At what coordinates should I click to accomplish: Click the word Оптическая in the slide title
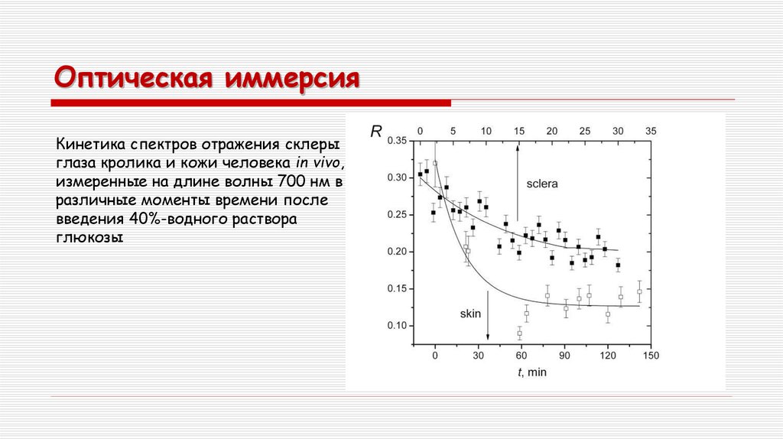131,79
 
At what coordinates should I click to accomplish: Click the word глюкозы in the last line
88,237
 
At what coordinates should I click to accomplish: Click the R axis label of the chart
375,132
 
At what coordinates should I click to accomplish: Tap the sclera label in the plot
541,184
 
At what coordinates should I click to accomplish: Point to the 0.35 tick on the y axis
398,141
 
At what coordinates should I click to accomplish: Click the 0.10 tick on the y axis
398,326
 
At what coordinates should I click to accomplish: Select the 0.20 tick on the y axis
398,252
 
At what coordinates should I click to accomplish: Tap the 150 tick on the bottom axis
651,355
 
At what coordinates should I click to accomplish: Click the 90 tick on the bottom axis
564,355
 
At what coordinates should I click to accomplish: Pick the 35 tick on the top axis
651,131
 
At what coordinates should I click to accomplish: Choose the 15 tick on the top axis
519,131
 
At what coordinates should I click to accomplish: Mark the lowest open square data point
520,333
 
